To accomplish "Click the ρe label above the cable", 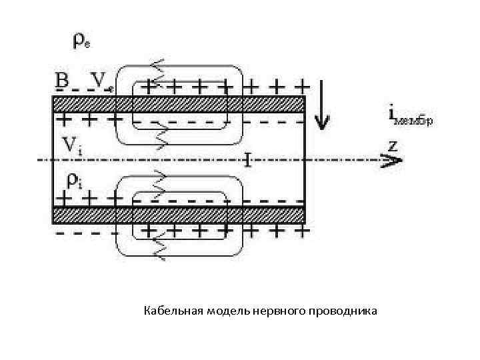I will [x=81, y=41].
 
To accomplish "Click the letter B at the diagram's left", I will [x=61, y=80].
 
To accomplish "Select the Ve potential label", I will [x=102, y=81].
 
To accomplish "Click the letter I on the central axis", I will [x=247, y=159].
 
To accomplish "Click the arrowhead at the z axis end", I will [x=393, y=160].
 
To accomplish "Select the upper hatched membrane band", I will [x=179, y=104].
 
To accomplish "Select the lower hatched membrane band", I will [x=179, y=214].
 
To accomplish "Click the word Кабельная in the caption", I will [x=173, y=311].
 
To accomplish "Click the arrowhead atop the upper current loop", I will [x=159, y=67].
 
